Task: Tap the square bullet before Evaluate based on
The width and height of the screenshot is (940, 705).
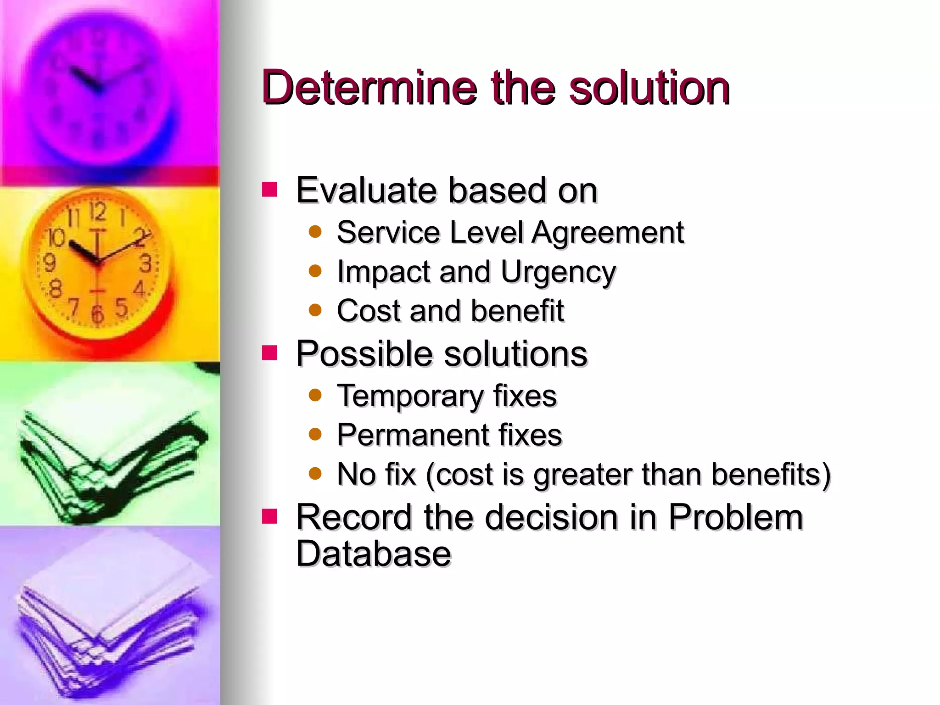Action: tap(269, 190)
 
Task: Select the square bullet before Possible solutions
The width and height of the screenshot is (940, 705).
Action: tap(269, 353)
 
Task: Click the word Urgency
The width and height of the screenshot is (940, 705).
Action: tap(558, 272)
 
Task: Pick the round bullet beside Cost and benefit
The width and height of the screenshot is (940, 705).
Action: tap(315, 311)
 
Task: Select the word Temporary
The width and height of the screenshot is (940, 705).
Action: tap(409, 396)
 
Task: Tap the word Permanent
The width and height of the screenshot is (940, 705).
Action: tap(413, 435)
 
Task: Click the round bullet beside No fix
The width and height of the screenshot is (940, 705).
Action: tap(315, 473)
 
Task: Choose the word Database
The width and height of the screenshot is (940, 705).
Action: tap(374, 554)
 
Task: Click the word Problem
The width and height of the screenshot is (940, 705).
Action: tap(735, 517)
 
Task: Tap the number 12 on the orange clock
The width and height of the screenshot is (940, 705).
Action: tap(98, 212)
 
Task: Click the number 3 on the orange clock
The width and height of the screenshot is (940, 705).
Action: tap(145, 264)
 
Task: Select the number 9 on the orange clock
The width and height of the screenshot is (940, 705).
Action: tap(49, 263)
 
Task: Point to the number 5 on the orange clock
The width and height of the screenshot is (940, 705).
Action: tap(122, 307)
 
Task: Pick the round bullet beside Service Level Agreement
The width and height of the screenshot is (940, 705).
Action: tap(315, 232)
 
